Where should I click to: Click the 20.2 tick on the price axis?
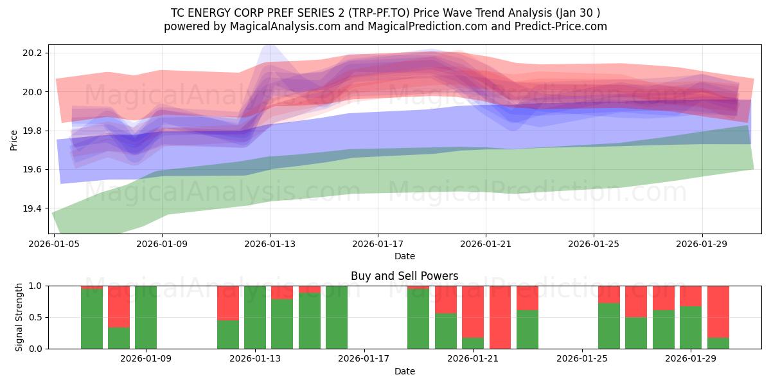(x=33, y=53)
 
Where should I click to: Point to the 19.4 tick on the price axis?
(x=33, y=208)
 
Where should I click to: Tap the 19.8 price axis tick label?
(x=33, y=131)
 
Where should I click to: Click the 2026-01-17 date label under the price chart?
(x=378, y=244)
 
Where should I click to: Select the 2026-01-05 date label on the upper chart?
(x=55, y=244)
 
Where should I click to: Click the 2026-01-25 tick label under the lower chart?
(x=582, y=359)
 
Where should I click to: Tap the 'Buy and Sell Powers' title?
(x=404, y=276)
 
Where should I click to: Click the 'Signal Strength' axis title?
(x=19, y=317)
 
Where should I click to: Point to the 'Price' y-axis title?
(x=14, y=140)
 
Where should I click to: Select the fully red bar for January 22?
(x=500, y=317)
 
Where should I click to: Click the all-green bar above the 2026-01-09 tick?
(x=146, y=317)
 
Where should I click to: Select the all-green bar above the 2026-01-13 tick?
(x=255, y=317)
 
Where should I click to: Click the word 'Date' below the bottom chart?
(x=404, y=371)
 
